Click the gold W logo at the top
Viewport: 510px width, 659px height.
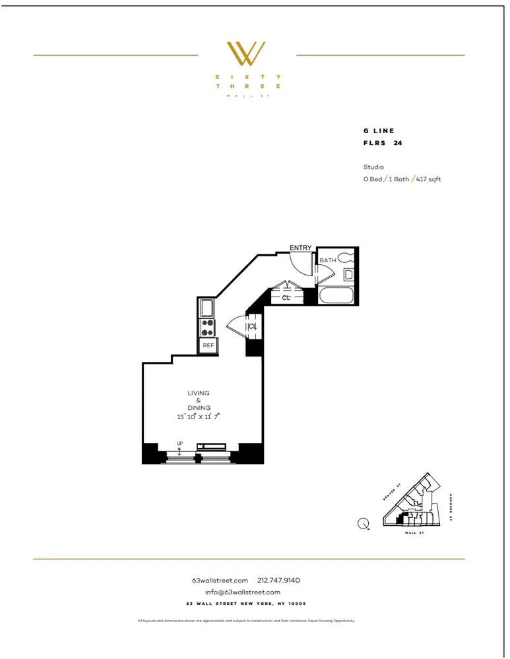pyautogui.click(x=246, y=53)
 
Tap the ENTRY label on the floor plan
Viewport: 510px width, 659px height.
pyautogui.click(x=300, y=248)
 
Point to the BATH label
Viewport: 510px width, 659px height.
pyautogui.click(x=328, y=260)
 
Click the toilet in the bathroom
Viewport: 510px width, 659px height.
pyautogui.click(x=346, y=259)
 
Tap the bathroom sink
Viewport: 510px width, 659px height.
pyautogui.click(x=348, y=275)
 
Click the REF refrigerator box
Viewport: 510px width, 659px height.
pyautogui.click(x=208, y=345)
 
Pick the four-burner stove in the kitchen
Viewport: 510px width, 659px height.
pyautogui.click(x=208, y=328)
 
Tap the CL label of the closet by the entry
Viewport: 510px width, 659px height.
pyautogui.click(x=286, y=298)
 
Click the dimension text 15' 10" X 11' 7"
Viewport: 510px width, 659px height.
pyautogui.click(x=198, y=416)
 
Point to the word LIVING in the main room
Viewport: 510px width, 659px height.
pyautogui.click(x=198, y=393)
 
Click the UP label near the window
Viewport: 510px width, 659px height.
pyautogui.click(x=179, y=444)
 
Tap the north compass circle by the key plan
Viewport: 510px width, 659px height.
pyautogui.click(x=363, y=525)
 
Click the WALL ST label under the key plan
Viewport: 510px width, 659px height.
pyautogui.click(x=414, y=532)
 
